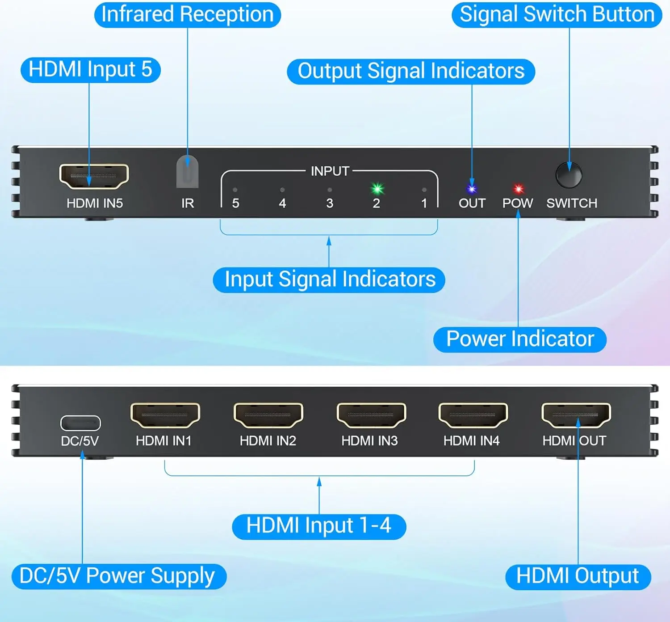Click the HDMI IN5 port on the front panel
point(94,176)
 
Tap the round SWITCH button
point(569,175)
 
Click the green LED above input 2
point(377,189)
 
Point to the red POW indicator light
point(518,189)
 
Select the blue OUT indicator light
point(472,189)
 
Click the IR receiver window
point(188,172)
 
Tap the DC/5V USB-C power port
point(80,423)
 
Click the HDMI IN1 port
point(165,415)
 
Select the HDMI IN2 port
point(268,415)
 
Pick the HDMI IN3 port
point(371,415)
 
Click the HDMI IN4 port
point(473,415)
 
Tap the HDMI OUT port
point(576,415)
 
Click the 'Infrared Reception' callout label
point(188,15)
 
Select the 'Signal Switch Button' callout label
point(557,15)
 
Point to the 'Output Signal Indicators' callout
point(411,72)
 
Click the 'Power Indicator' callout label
point(520,339)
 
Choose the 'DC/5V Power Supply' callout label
point(118,576)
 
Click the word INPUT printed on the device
point(330,171)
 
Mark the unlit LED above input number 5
point(235,190)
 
